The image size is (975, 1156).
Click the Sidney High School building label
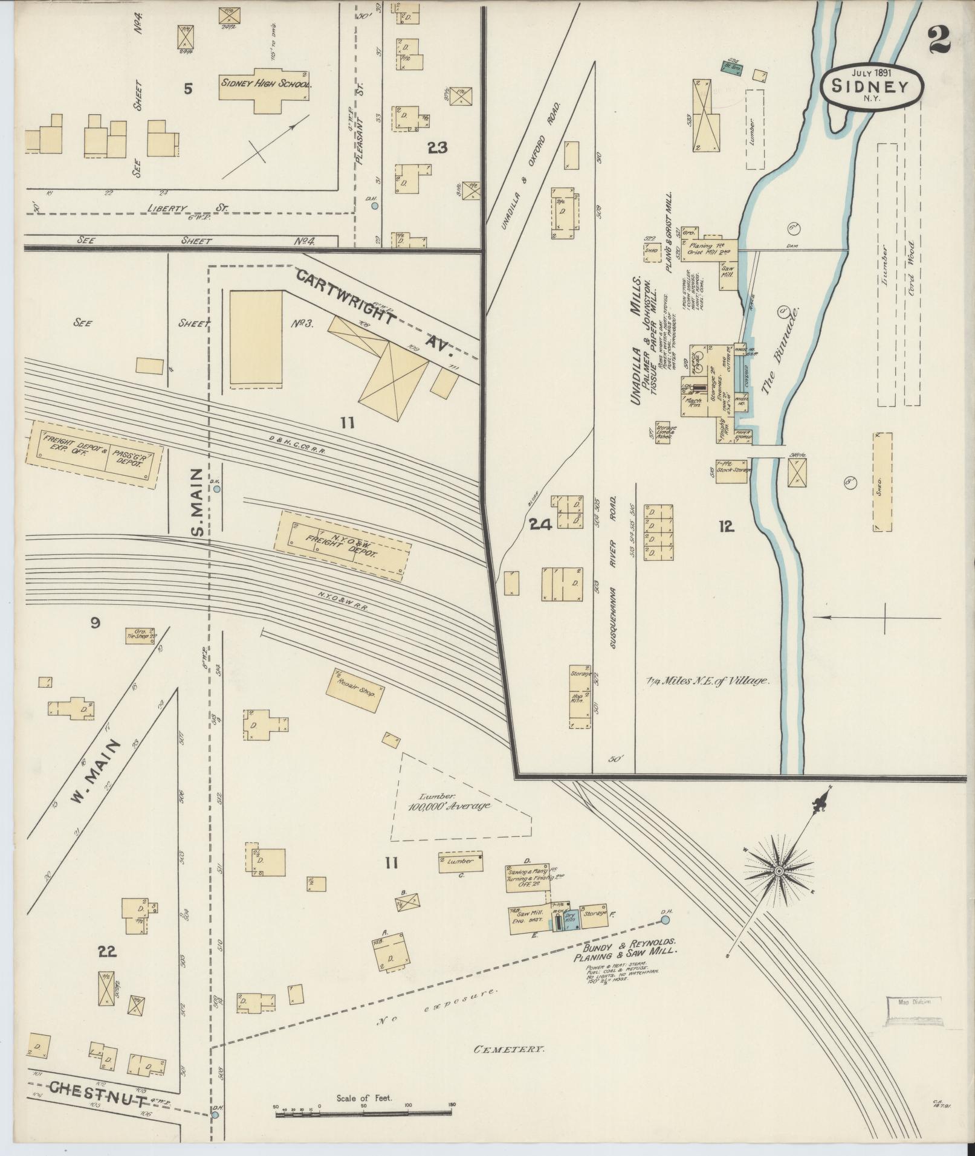pyautogui.click(x=265, y=83)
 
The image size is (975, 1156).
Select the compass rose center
pyautogui.click(x=779, y=871)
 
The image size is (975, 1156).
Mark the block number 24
pyautogui.click(x=539, y=525)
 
